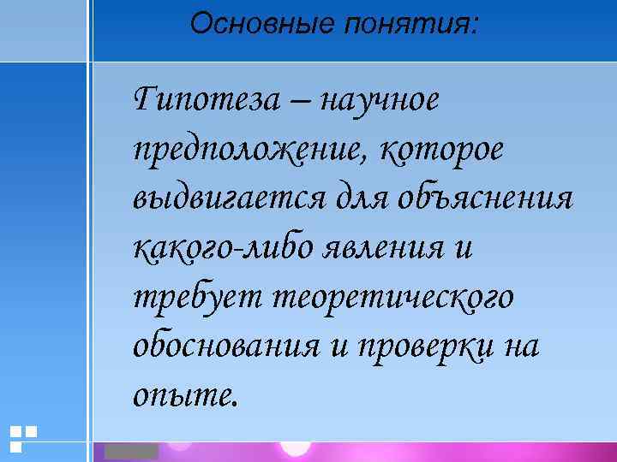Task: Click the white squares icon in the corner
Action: [x=23, y=437]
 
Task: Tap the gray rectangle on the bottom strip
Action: [x=131, y=451]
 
